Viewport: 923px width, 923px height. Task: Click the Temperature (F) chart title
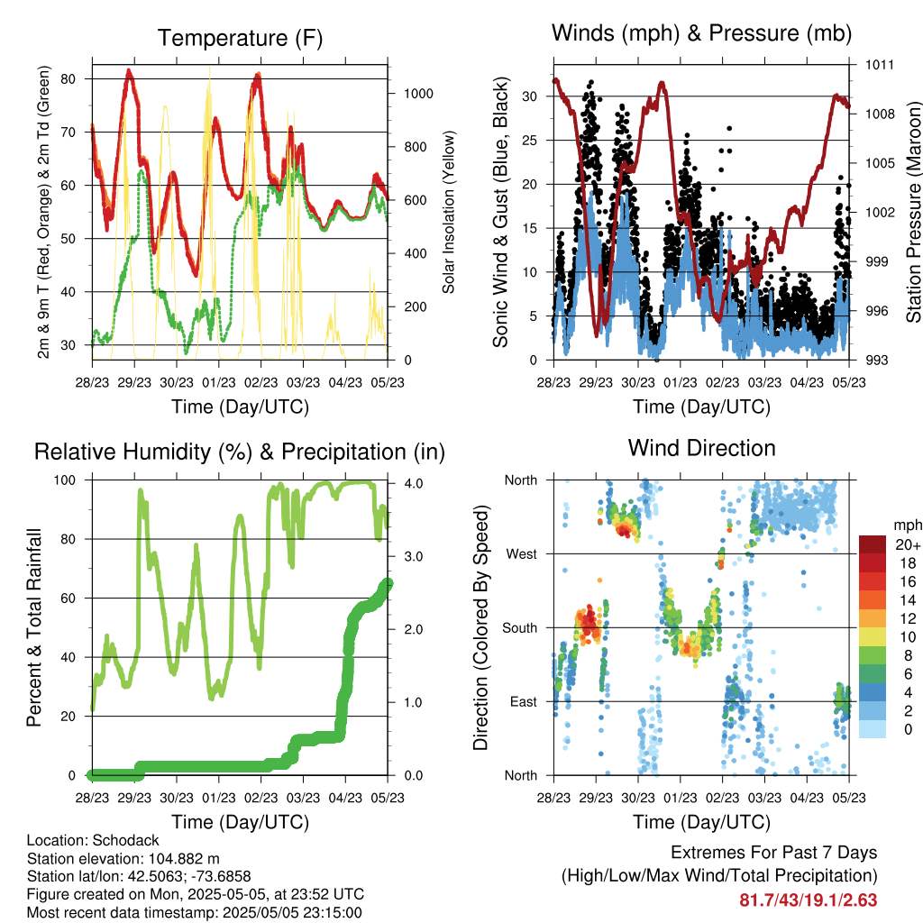point(240,38)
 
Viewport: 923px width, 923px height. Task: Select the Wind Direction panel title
point(701,448)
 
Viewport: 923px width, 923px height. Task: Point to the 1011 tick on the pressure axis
point(880,65)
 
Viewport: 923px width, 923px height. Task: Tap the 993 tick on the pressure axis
point(876,360)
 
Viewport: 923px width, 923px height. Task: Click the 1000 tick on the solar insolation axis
point(418,94)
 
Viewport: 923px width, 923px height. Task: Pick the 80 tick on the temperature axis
point(69,79)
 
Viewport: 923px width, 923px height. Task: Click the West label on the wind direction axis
point(522,554)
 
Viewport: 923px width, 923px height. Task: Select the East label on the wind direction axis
point(524,701)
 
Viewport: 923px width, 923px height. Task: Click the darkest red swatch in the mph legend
point(873,544)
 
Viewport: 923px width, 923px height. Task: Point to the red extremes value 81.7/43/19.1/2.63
point(809,900)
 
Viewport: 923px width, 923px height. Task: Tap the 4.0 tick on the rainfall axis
point(414,483)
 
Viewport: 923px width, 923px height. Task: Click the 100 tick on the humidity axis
point(65,480)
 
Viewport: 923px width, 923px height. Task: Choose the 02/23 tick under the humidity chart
point(260,798)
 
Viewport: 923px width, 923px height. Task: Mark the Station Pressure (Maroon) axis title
point(913,213)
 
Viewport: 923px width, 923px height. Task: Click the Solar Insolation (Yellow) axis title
point(449,212)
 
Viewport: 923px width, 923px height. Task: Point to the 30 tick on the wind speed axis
point(530,96)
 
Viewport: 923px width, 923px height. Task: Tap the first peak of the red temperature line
point(129,70)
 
